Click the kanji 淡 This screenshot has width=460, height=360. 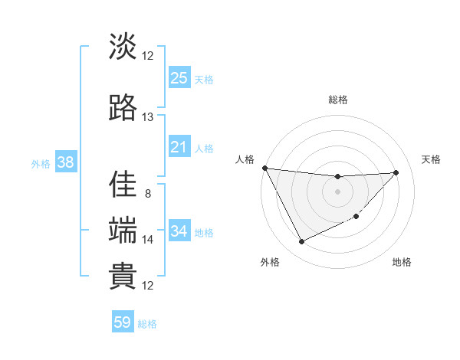coord(123,47)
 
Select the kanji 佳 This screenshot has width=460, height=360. coord(123,185)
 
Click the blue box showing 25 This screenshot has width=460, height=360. coord(179,77)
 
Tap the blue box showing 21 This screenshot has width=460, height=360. coord(179,147)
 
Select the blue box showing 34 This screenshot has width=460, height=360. coord(179,231)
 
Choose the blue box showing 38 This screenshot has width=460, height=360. coord(64,162)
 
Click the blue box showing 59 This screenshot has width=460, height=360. coord(123,322)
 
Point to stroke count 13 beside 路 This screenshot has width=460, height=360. coord(147,117)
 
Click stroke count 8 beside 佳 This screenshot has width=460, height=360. coord(147,193)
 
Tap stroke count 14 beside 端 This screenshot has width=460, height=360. coord(147,239)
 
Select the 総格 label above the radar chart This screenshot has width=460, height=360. coord(337,100)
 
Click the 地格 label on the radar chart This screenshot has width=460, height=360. coord(402,263)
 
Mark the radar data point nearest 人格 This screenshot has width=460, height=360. coord(264,168)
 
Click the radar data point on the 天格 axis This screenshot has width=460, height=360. coord(396,172)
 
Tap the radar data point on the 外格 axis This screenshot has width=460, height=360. coord(301,242)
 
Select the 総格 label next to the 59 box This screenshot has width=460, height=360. coord(147,324)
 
